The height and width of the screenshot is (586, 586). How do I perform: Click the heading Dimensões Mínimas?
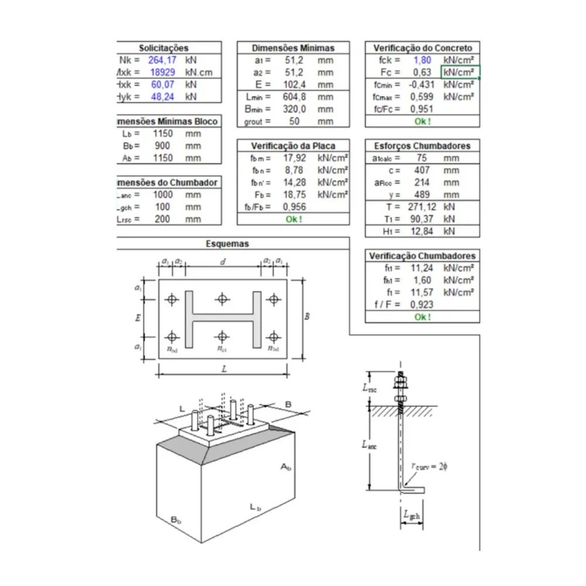293,48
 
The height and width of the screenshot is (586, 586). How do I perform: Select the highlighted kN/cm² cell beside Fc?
459,73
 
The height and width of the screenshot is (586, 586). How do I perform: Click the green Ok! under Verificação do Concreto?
422,121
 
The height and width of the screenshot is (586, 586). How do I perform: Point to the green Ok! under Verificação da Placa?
294,219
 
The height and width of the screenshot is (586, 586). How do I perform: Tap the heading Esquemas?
227,244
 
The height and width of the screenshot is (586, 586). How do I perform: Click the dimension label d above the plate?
222,262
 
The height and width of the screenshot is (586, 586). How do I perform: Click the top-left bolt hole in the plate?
172,299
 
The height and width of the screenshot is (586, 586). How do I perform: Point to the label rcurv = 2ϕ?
429,466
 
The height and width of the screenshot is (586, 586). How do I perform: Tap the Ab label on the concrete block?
285,467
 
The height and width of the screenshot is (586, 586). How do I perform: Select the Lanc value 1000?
162,195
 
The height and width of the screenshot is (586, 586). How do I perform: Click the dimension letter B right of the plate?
306,317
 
